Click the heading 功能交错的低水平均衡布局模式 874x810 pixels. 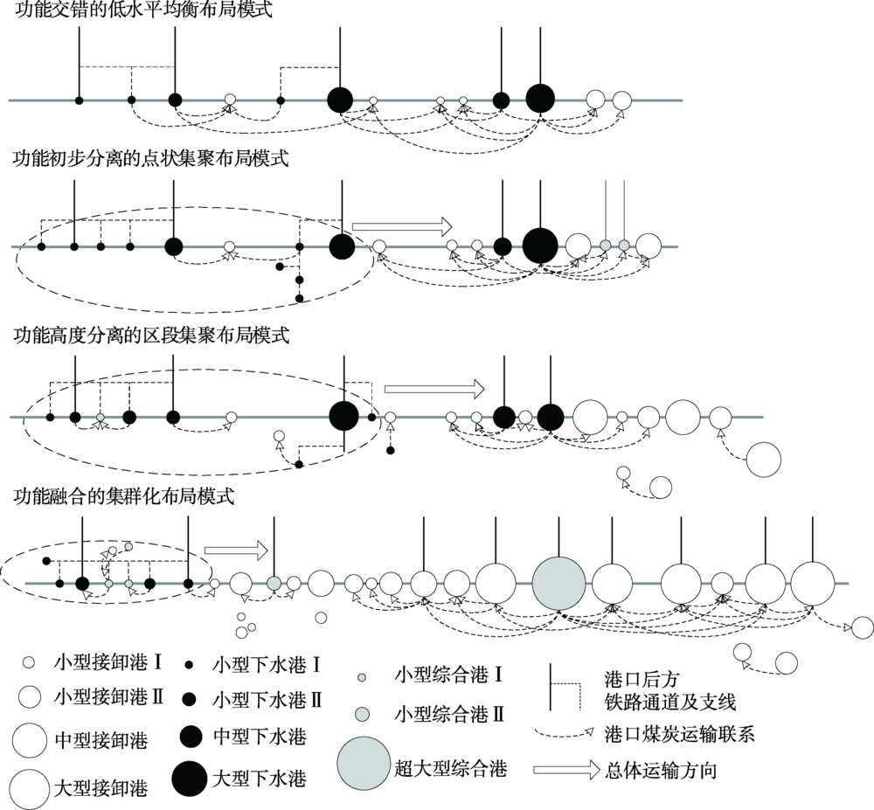pyautogui.click(x=143, y=10)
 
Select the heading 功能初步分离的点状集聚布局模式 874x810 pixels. pyautogui.click(x=151, y=158)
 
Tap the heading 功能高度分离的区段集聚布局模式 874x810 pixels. pyautogui.click(x=151, y=336)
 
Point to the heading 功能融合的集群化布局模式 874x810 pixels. pyautogui.click(x=124, y=495)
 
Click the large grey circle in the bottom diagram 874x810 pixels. pyautogui.click(x=559, y=584)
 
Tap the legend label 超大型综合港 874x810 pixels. pyautogui.click(x=451, y=769)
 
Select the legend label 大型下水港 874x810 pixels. pyautogui.click(x=260, y=779)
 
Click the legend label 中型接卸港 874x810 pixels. pyautogui.click(x=101, y=741)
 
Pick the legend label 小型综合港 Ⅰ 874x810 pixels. pyautogui.click(x=448, y=675)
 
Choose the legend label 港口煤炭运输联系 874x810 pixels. pyautogui.click(x=679, y=734)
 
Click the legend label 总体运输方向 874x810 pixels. pyautogui.click(x=661, y=771)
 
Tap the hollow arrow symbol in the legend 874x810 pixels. pyautogui.click(x=565, y=770)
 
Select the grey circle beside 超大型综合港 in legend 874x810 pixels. pyautogui.click(x=364, y=763)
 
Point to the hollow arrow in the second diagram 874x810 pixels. pyautogui.click(x=402, y=225)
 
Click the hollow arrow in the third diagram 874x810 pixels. pyautogui.click(x=434, y=389)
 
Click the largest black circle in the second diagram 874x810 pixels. pyautogui.click(x=539, y=246)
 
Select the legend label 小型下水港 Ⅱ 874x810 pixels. pyautogui.click(x=267, y=700)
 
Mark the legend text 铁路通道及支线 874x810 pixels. pyautogui.click(x=670, y=702)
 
